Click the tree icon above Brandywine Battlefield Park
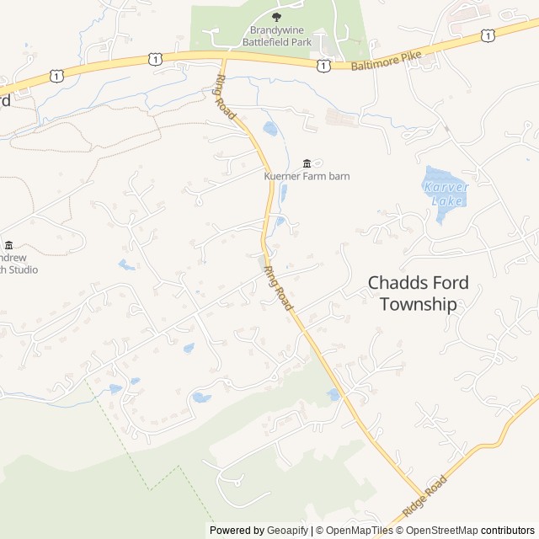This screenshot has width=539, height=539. (x=277, y=16)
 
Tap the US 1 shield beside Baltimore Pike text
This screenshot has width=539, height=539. (x=324, y=64)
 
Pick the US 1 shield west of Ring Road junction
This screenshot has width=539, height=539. (x=153, y=57)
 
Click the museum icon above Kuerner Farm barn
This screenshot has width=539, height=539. (x=307, y=163)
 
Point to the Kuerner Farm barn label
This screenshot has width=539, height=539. (x=307, y=176)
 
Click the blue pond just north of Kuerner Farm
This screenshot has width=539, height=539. (x=270, y=129)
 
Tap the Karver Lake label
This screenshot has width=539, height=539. (x=444, y=193)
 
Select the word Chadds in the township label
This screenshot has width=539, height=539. (x=400, y=283)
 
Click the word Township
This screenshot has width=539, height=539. (x=419, y=304)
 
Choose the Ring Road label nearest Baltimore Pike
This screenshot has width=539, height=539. (x=226, y=94)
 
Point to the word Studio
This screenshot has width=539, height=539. (x=22, y=269)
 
